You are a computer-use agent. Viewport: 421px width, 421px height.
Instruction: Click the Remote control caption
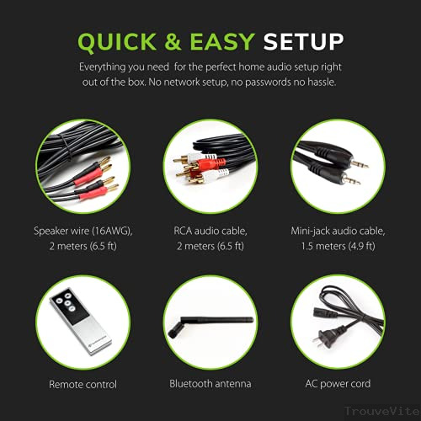[83, 383]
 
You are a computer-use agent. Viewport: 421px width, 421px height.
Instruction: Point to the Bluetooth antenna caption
[210, 383]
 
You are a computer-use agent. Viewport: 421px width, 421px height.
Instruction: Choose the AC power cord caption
[338, 383]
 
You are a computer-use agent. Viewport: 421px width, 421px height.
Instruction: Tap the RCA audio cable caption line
[210, 230]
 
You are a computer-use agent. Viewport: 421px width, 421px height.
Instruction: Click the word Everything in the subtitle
[105, 66]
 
